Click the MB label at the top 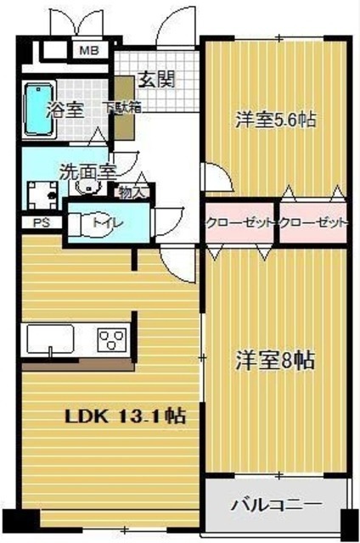click(x=88, y=51)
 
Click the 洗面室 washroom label click(x=87, y=170)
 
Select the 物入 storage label click(x=132, y=192)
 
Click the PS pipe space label click(x=41, y=223)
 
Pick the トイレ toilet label click(x=107, y=223)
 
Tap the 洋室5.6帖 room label click(x=275, y=120)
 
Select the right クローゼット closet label click(x=313, y=223)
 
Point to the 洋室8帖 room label click(x=275, y=360)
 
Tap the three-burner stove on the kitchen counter click(x=111, y=339)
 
